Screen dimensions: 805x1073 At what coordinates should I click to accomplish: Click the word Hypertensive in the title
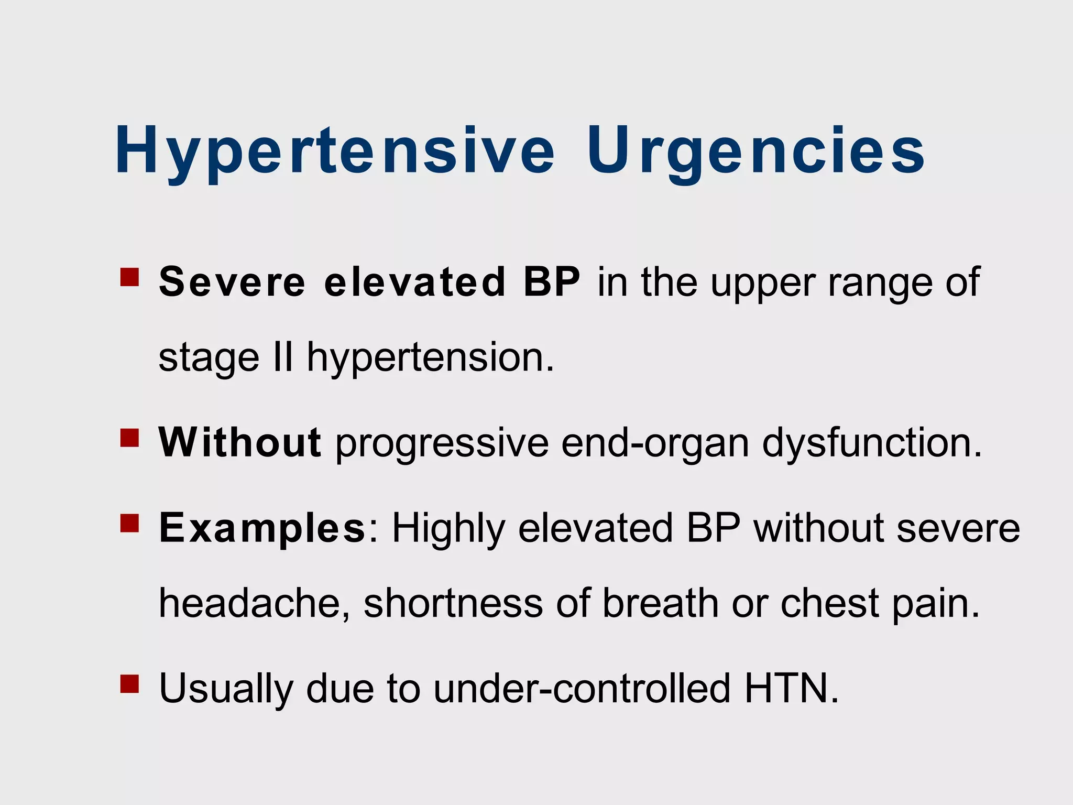click(x=334, y=151)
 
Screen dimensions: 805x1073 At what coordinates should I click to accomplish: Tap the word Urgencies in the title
click(x=756, y=151)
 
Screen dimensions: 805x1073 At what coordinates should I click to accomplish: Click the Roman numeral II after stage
click(x=283, y=357)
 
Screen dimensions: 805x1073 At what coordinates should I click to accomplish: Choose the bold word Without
click(x=239, y=442)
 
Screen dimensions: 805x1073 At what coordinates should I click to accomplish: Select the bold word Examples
click(x=262, y=528)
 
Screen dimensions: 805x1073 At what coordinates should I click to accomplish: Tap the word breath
click(x=661, y=603)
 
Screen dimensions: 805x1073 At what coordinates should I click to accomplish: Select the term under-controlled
click(x=582, y=688)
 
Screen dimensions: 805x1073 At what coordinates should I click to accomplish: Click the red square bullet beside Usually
click(x=129, y=683)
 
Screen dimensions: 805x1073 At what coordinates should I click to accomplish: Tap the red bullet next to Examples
click(x=129, y=523)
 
